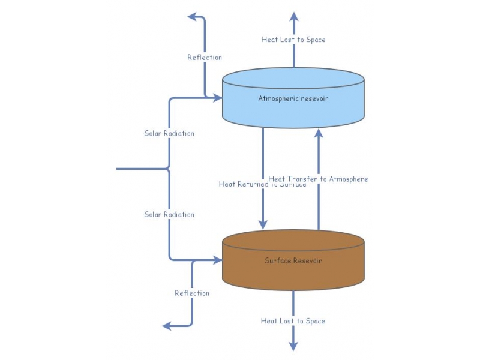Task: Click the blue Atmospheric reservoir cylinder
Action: (293, 111)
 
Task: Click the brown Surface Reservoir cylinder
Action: (293, 273)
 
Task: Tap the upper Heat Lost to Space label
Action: (293, 40)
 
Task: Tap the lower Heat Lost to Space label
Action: (293, 321)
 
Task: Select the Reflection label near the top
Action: (205, 58)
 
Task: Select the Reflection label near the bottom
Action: (192, 293)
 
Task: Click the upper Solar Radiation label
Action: (169, 133)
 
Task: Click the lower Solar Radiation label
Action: (169, 214)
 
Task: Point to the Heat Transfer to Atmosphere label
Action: (318, 179)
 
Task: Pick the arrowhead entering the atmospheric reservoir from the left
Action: (217, 97)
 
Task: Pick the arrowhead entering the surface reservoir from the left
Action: (217, 260)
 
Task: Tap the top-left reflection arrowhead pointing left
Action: (193, 17)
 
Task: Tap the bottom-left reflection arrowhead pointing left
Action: (167, 326)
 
